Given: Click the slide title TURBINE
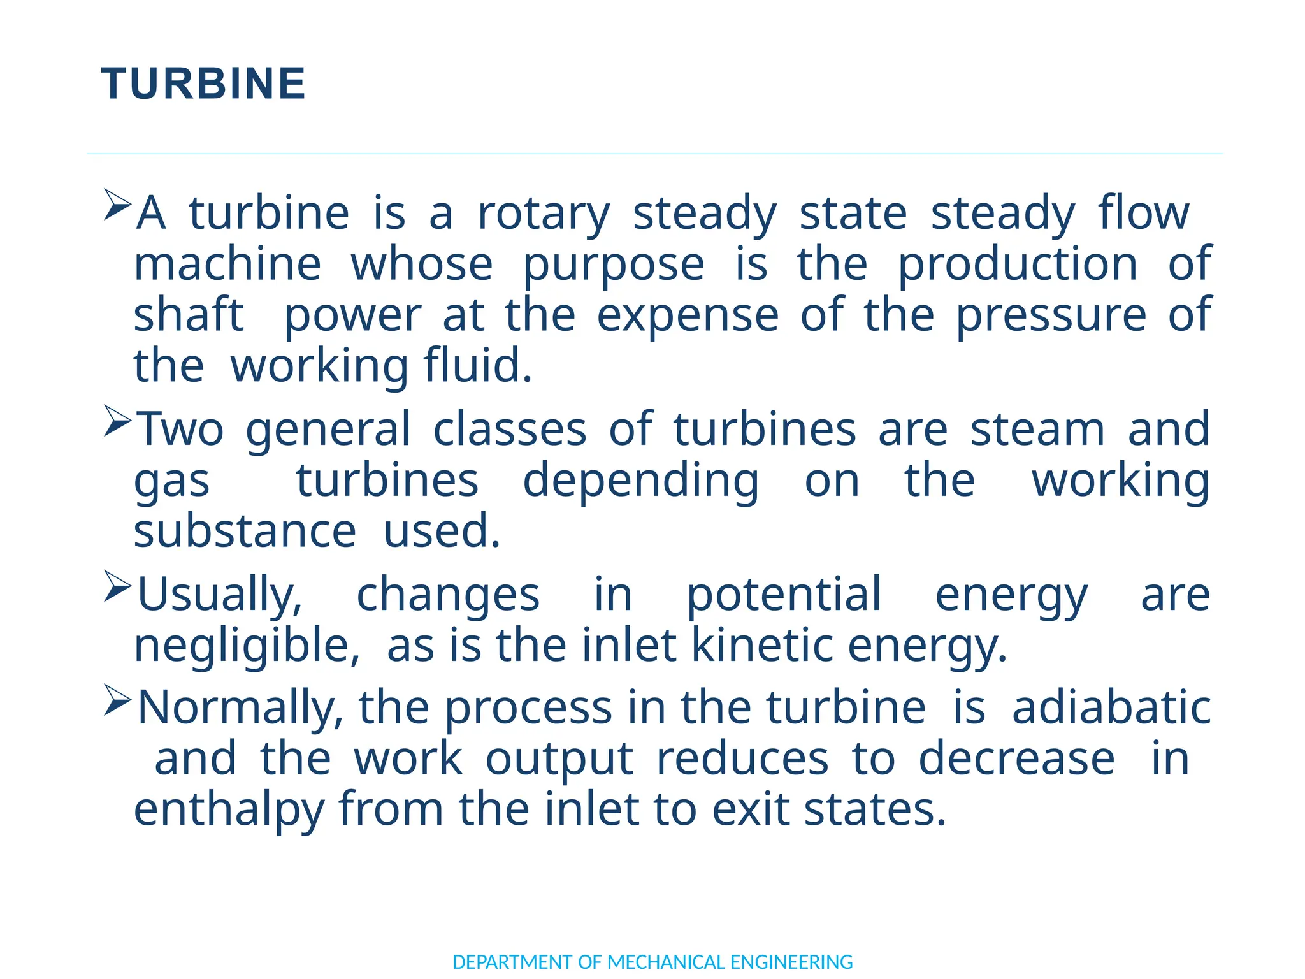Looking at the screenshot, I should click(x=203, y=84).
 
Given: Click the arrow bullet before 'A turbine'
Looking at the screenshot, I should click(x=117, y=205).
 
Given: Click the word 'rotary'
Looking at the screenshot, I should click(x=544, y=214).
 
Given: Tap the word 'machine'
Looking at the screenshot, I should click(x=227, y=265).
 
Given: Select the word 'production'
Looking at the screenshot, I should click(x=1018, y=265).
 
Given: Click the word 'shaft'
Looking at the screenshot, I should click(x=189, y=315).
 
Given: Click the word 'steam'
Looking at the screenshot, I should click(x=1037, y=430).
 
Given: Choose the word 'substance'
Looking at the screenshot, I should click(x=245, y=531).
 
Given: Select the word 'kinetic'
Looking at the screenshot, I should click(x=761, y=645).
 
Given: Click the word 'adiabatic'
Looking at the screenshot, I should click(x=1111, y=707).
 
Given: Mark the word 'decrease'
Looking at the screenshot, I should click(x=1016, y=758).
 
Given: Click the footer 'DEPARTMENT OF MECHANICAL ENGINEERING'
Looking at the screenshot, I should click(x=652, y=962).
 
